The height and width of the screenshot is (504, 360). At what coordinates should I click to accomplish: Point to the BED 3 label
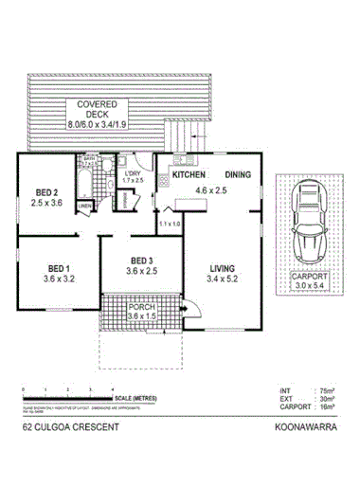[143, 261]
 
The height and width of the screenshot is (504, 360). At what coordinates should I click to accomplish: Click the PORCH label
[141, 308]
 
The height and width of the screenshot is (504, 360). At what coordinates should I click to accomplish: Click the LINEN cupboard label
[84, 205]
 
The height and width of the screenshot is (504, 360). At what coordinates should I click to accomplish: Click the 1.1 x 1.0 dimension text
[171, 223]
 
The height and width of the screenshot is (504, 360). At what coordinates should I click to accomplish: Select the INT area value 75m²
[325, 389]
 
